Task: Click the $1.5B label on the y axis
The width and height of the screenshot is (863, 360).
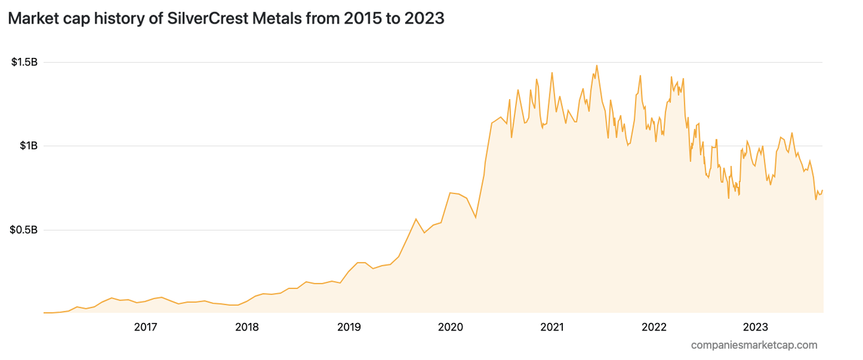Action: [x=24, y=63]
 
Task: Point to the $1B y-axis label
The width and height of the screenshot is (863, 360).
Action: [x=28, y=146]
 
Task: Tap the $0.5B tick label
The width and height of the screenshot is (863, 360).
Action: [x=24, y=230]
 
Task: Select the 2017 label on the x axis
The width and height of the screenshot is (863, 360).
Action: [x=146, y=328]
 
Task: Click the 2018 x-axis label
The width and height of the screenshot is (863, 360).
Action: [x=247, y=328]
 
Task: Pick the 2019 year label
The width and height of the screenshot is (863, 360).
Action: [x=349, y=328]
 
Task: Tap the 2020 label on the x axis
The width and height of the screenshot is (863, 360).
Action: [x=450, y=328]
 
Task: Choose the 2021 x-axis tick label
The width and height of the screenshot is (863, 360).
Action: [x=552, y=328]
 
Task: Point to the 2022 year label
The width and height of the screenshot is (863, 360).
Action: [x=654, y=328]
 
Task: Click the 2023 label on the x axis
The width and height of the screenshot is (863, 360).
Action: [x=755, y=328]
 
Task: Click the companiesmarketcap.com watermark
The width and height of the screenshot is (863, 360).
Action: [x=754, y=345]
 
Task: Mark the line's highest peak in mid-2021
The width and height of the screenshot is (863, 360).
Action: [x=597, y=65]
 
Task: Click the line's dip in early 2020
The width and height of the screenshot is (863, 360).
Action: [x=476, y=218]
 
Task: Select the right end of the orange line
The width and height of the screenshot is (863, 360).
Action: [x=823, y=190]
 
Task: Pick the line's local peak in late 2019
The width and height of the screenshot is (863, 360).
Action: [x=416, y=219]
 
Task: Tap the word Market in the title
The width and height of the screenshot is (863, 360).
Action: [x=32, y=19]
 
